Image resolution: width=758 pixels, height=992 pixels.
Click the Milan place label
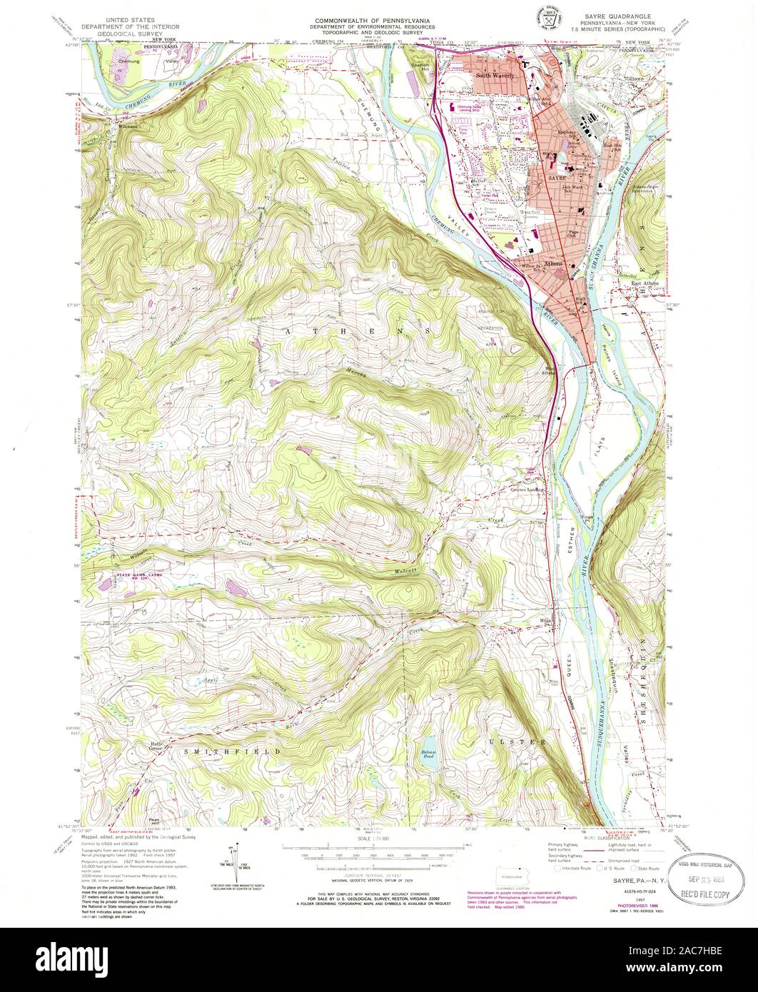(547, 619)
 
